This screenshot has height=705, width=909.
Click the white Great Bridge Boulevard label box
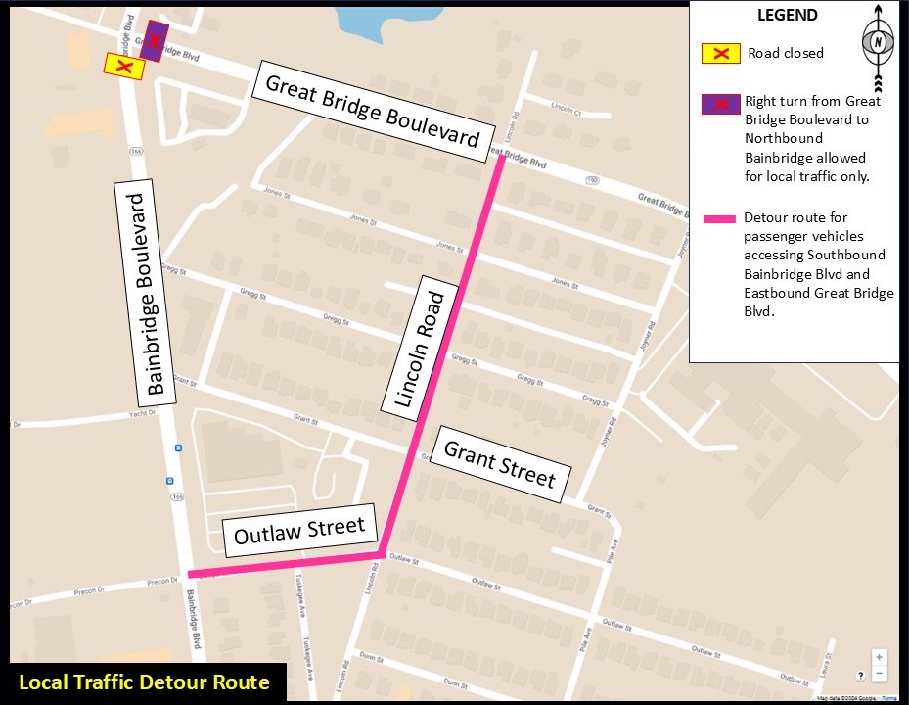pos(371,111)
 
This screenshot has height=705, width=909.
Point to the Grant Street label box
pos(499,465)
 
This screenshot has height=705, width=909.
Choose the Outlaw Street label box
pos(299,532)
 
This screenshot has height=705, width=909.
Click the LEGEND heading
pos(788,16)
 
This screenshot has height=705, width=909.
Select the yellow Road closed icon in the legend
pos(721,53)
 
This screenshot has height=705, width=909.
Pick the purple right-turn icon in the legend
pos(720,103)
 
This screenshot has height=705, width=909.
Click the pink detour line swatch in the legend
pos(720,217)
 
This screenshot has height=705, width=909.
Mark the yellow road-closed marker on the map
pos(124,66)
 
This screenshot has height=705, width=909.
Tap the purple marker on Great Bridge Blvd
pos(154,41)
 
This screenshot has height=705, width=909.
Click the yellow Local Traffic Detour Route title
pos(144,682)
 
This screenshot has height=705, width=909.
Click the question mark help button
pos(860,676)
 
